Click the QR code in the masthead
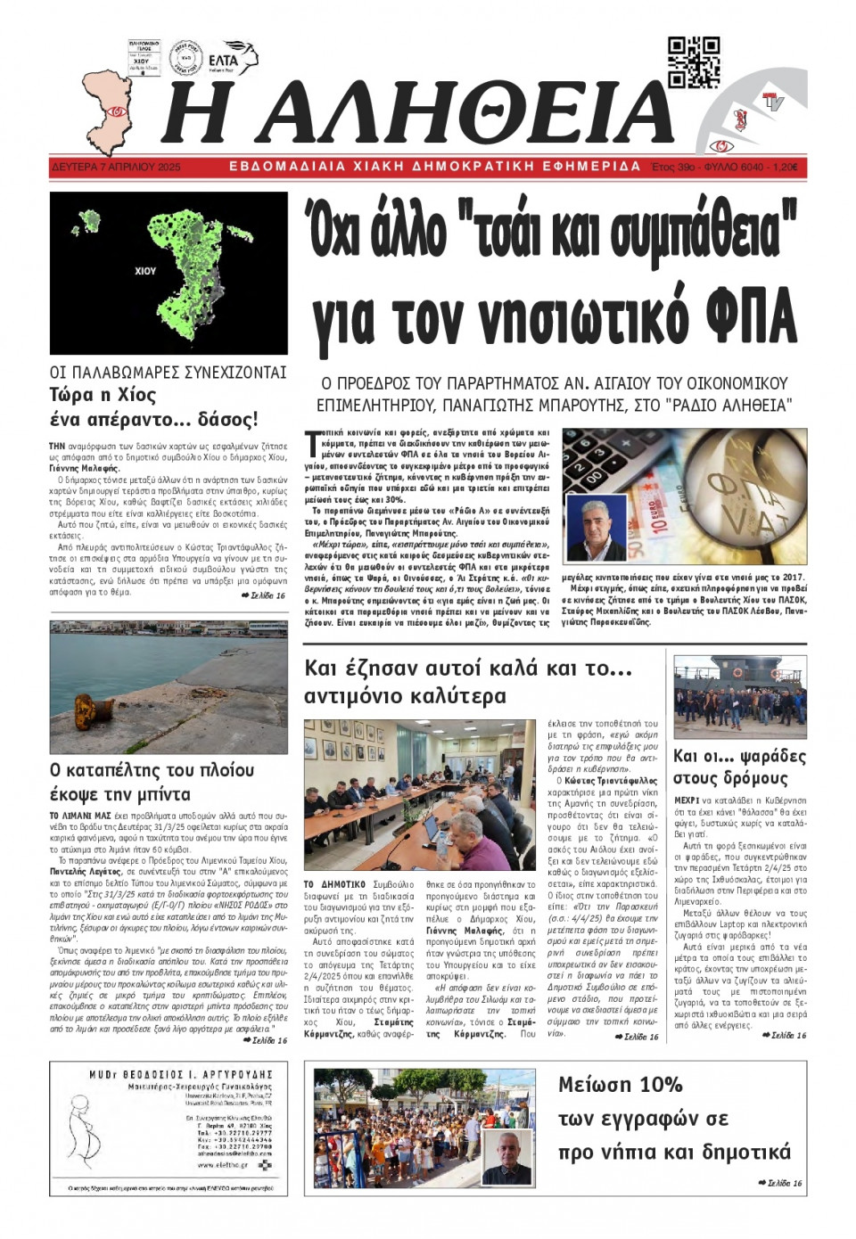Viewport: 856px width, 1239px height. point(693,62)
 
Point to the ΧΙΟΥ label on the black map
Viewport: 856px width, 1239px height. point(144,270)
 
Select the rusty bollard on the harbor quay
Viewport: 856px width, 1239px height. point(84,705)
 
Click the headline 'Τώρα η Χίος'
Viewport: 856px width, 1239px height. point(103,395)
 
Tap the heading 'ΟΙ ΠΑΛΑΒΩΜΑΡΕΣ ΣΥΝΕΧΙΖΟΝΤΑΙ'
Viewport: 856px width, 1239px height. point(168,372)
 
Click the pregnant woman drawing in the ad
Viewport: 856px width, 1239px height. point(82,1130)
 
